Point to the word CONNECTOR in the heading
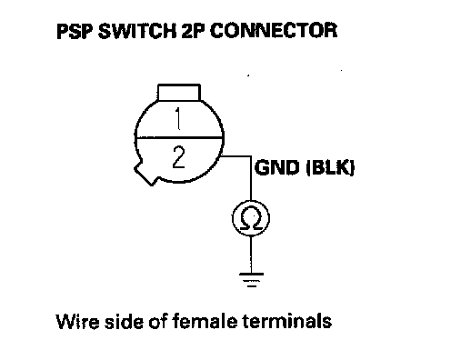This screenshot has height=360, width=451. coord(273,31)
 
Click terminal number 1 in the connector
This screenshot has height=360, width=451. coord(178,119)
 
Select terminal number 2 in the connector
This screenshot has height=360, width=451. coord(178,156)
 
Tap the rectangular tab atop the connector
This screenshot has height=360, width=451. coord(179,92)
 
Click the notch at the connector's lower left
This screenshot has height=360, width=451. coord(145,175)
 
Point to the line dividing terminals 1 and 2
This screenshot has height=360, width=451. coord(179,138)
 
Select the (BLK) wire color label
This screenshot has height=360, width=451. coord(330,167)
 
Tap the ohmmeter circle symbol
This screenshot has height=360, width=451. coord(251,218)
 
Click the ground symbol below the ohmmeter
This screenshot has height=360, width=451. coord(251,279)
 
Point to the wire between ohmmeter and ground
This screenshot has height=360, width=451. coord(251,255)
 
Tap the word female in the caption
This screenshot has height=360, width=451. coord(205,321)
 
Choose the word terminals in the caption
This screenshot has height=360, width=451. coord(286,321)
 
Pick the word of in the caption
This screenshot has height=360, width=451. coord(158,321)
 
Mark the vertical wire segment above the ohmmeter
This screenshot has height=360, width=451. coord(251,178)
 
